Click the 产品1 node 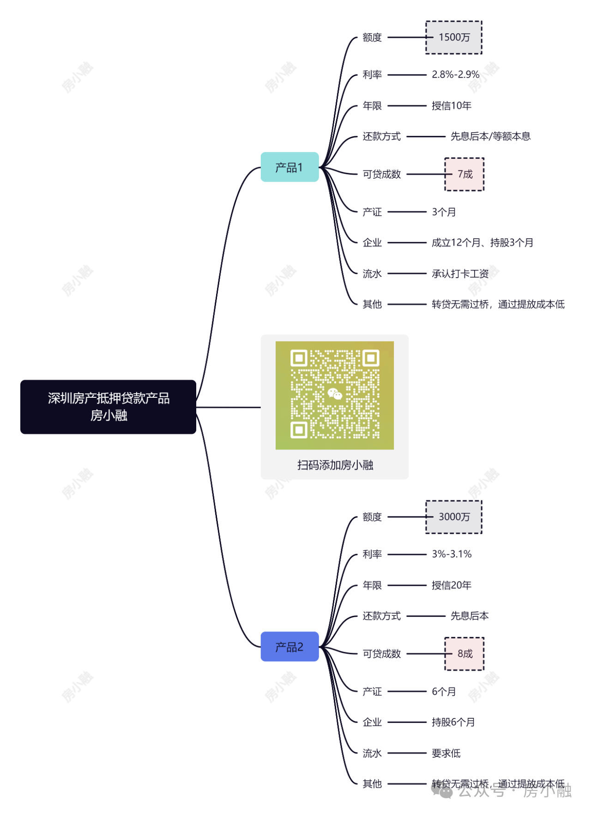pos(289,167)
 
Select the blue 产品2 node pos(289,647)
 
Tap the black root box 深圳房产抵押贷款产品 pos(108,407)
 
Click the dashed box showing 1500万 pos(454,37)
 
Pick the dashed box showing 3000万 pos(454,517)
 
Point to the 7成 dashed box pos(464,174)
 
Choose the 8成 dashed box pos(464,654)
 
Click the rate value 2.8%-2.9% pos(455,74)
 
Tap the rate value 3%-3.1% pos(452,554)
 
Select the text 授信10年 pos(451,106)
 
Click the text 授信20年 pos(451,585)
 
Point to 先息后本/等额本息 pos(490,136)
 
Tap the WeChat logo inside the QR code pos(335,394)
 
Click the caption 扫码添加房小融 pos(335,465)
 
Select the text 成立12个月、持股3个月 pos(482,243)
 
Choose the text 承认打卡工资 pos(460,273)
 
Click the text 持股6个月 pos(453,722)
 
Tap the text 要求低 pos(446,753)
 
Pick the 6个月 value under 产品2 pos(444,692)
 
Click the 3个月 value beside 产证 pos(444,212)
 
